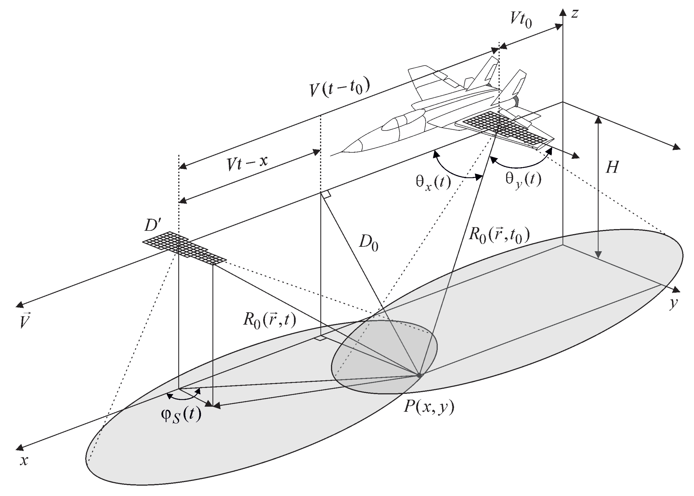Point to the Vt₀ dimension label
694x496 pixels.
pos(521,20)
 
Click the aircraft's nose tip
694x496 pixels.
pos(332,155)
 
